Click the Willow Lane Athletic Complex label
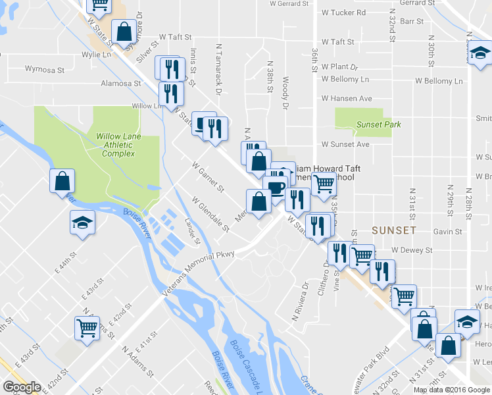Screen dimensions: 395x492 coord(116,144)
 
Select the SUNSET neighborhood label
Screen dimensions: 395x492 coord(393,230)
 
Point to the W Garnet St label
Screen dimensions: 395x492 coord(208,175)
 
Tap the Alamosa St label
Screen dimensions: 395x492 coord(121,84)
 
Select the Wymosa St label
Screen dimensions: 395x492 coord(45,68)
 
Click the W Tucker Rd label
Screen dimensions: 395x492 coord(344,13)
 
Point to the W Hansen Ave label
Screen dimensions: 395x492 coord(347,99)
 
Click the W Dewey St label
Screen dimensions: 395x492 coord(412,250)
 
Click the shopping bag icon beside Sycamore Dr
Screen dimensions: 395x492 coord(124,30)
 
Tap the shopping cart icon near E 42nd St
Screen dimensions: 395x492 coord(87,327)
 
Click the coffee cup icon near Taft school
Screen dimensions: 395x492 coord(276,188)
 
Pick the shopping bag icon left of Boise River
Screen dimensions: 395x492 coord(62,180)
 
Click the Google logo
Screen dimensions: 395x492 coord(21,387)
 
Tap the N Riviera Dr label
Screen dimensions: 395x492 coord(305,296)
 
